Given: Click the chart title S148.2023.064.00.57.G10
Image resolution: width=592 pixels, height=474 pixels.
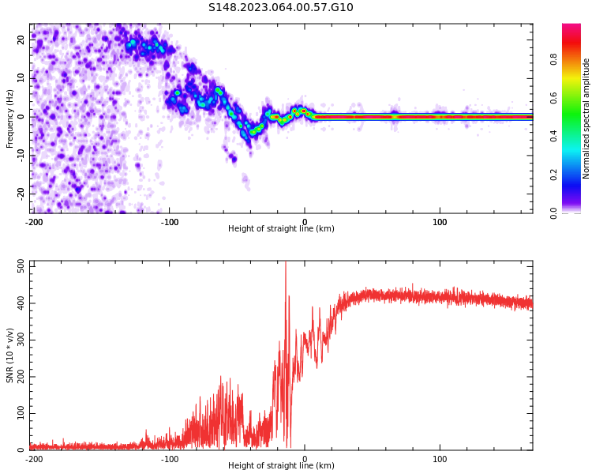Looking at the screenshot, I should (281, 8).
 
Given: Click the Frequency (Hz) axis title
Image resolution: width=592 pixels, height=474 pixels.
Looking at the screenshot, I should (10, 118).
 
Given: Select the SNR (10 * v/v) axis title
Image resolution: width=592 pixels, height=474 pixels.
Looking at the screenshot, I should (10, 355).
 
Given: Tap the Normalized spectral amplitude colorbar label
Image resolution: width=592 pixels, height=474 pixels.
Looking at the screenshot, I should (586, 118).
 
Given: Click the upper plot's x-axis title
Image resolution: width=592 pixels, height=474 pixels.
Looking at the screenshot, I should (281, 228).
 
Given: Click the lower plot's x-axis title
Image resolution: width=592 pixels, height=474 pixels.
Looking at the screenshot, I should (281, 465).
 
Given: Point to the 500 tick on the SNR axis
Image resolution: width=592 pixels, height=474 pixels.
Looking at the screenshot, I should (21, 266).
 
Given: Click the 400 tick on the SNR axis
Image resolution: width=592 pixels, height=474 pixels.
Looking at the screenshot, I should (21, 303).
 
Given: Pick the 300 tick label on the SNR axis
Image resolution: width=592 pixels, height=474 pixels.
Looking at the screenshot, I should (21, 340).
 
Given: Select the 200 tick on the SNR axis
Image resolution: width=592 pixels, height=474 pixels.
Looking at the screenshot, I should (21, 377).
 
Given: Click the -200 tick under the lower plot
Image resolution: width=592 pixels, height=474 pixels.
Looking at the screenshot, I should (34, 459).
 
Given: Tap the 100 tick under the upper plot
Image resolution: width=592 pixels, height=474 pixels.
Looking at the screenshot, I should (440, 222).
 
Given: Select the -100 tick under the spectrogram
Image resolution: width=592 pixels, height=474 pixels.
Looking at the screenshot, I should (169, 222).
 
